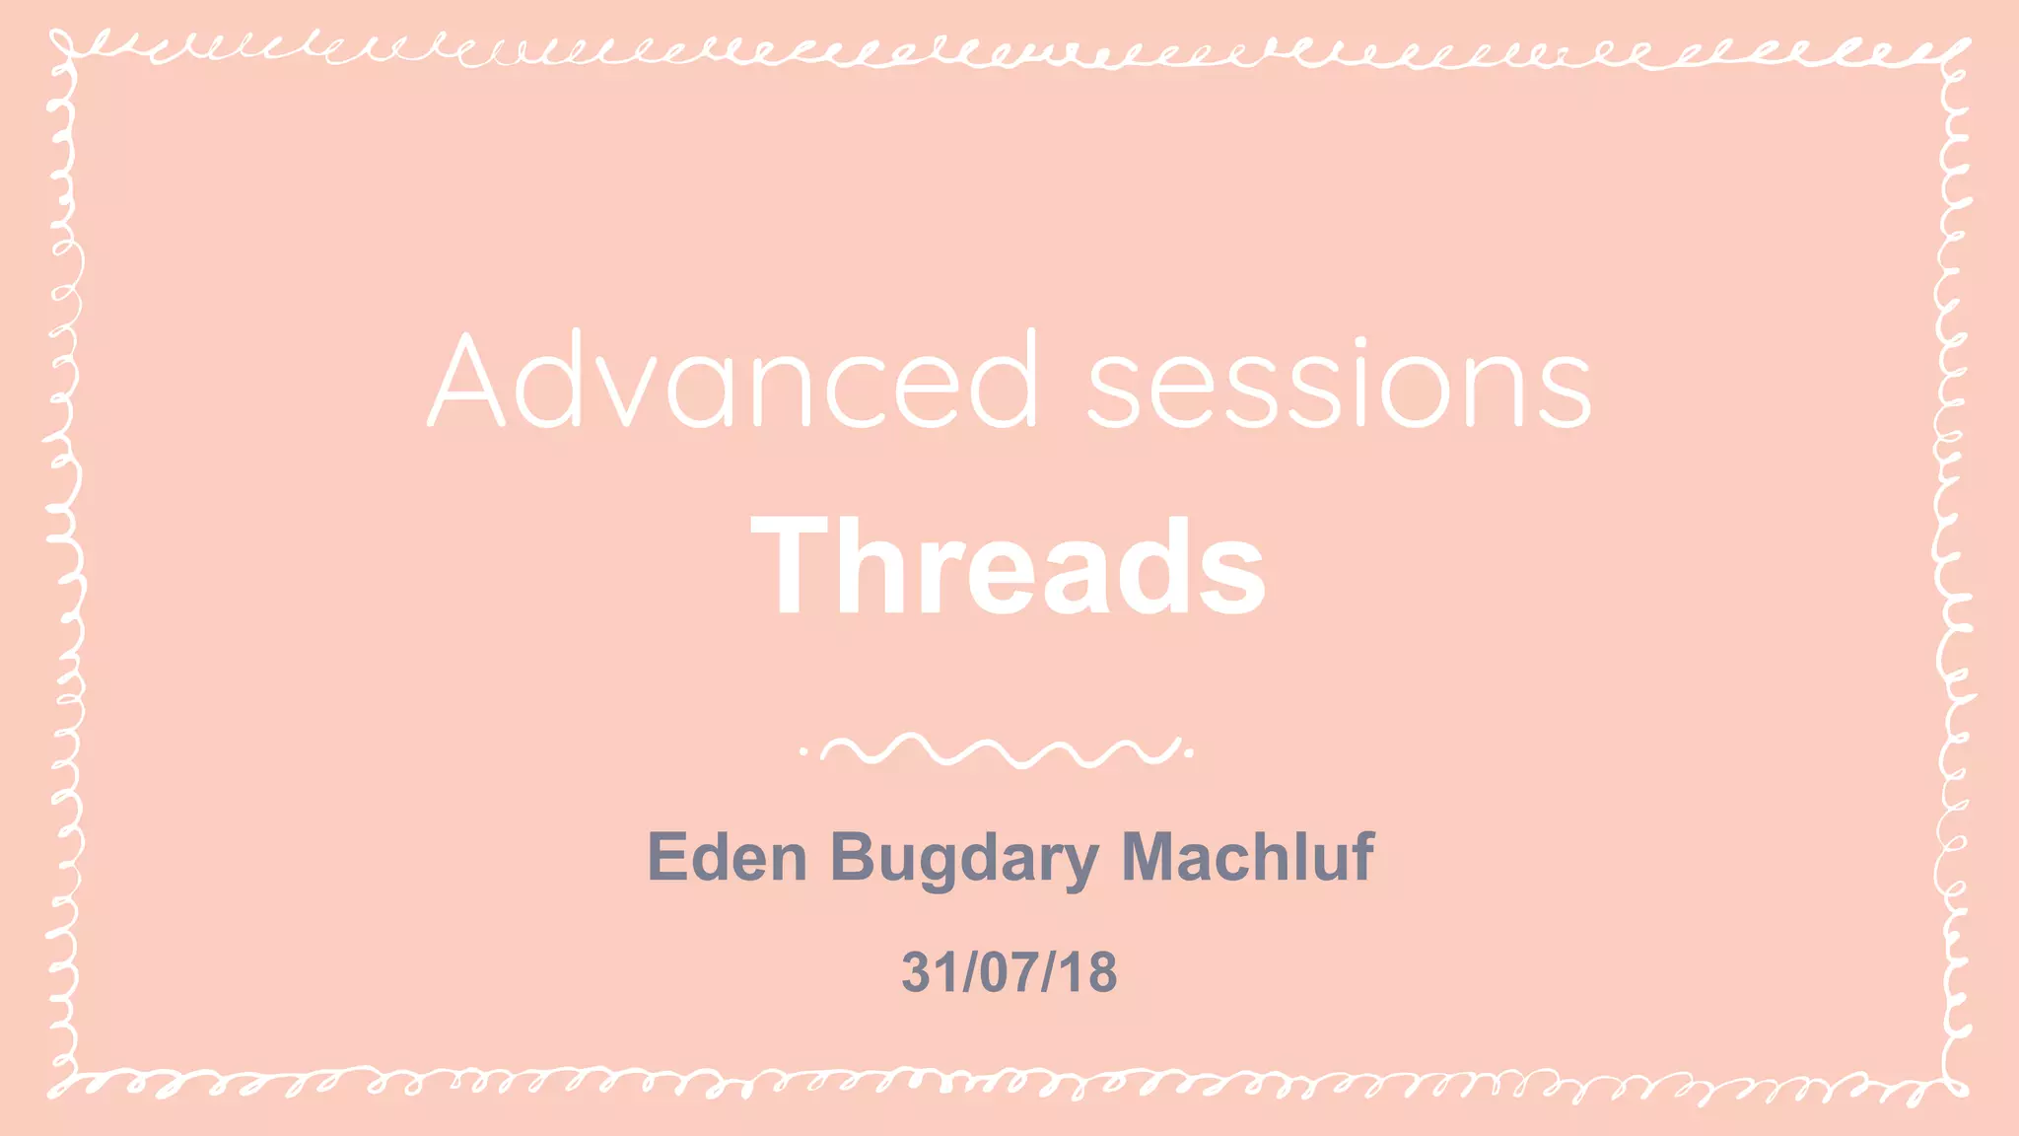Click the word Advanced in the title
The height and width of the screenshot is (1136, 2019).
(x=734, y=382)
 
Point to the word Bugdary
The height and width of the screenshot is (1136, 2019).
(x=964, y=858)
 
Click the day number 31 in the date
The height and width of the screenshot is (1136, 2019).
(x=925, y=972)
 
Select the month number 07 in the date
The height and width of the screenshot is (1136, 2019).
(x=1009, y=972)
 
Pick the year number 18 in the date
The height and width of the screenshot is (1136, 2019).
(x=1091, y=972)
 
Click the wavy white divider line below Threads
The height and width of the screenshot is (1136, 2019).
(x=998, y=751)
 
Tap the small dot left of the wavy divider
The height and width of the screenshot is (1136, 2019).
(x=803, y=751)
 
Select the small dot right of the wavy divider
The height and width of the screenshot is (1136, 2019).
(x=1190, y=752)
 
